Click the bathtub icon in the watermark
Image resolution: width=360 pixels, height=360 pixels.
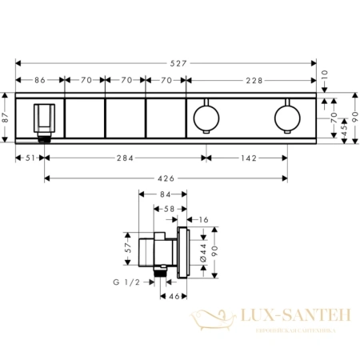pyautogui.click(x=209, y=321)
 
